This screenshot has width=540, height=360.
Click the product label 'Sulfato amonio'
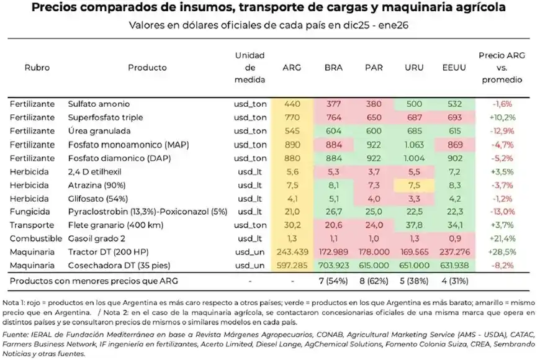[99, 104]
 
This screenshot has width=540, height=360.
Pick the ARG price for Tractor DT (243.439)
[291, 253]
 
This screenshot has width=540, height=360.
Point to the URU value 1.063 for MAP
[413, 145]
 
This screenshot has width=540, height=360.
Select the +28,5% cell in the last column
[500, 253]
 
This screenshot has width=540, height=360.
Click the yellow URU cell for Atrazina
[413, 186]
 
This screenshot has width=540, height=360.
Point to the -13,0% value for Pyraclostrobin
[500, 212]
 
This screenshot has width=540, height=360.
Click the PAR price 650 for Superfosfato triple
[374, 117]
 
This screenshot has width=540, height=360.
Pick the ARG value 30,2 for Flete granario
[291, 226]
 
